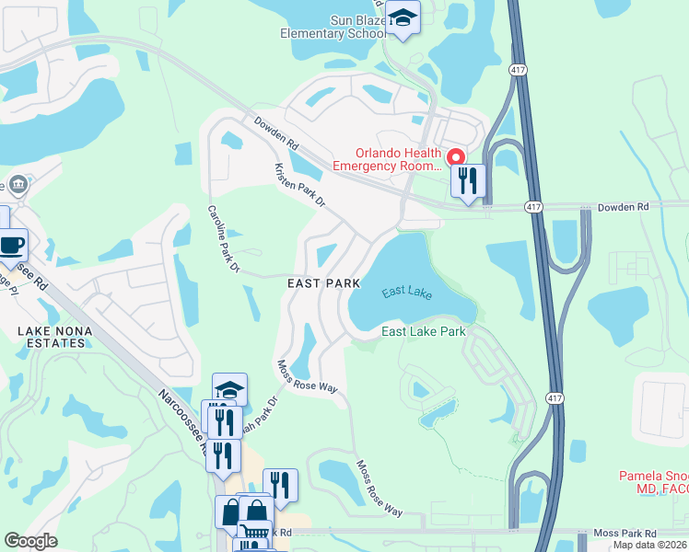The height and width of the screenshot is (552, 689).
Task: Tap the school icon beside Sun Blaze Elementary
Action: [403, 17]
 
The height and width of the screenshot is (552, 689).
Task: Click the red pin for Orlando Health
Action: [455, 158]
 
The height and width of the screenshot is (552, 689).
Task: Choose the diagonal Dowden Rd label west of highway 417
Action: [277, 133]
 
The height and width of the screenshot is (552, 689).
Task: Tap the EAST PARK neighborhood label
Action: [322, 284]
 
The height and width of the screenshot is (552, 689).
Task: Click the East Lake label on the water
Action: [407, 292]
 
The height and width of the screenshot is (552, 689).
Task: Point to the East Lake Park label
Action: [423, 331]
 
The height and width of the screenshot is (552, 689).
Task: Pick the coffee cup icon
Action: [11, 245]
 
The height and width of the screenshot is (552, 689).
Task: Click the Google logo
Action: [30, 541]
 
